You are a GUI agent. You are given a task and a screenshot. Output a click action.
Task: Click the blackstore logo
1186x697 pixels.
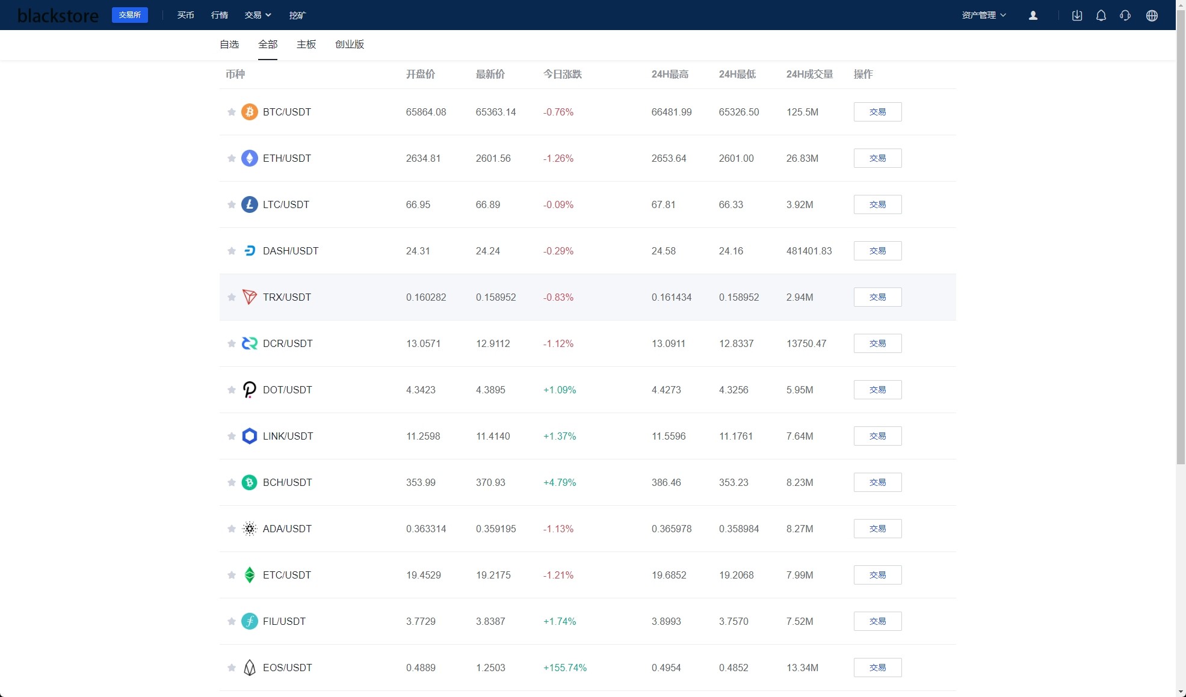tap(58, 16)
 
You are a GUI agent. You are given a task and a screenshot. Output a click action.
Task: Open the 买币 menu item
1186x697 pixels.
tap(185, 15)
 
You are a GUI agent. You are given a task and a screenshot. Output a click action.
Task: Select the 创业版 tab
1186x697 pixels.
tap(350, 45)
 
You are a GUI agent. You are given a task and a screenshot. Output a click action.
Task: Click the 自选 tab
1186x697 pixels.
tap(229, 45)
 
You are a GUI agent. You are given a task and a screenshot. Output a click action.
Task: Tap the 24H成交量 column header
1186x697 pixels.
tap(809, 75)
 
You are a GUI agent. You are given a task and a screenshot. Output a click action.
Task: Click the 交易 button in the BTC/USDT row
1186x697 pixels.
tap(877, 112)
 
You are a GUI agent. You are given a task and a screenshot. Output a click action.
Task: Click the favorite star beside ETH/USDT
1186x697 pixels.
tap(232, 158)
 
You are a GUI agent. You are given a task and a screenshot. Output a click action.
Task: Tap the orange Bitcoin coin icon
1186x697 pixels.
tap(250, 112)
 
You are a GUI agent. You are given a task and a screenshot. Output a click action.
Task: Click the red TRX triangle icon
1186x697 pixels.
tap(250, 297)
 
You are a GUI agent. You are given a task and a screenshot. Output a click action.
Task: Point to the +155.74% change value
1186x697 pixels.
tap(564, 668)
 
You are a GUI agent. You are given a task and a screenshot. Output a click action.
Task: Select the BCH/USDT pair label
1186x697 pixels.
tap(288, 482)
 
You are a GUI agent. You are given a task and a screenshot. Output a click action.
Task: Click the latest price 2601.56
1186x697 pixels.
tap(493, 158)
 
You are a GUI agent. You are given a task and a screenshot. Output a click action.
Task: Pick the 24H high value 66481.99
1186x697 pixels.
tap(672, 112)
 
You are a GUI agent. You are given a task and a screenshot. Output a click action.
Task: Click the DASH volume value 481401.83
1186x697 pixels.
tap(809, 251)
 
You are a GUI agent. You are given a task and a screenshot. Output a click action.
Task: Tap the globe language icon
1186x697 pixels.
tap(1152, 16)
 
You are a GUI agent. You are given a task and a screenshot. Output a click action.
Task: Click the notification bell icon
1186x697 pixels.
tap(1101, 16)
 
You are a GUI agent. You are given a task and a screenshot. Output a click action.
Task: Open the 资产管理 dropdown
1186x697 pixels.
tap(984, 15)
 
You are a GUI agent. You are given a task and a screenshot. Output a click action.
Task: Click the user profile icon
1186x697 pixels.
tap(1033, 16)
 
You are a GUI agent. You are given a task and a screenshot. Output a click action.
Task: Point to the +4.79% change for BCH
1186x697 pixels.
tap(560, 482)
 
